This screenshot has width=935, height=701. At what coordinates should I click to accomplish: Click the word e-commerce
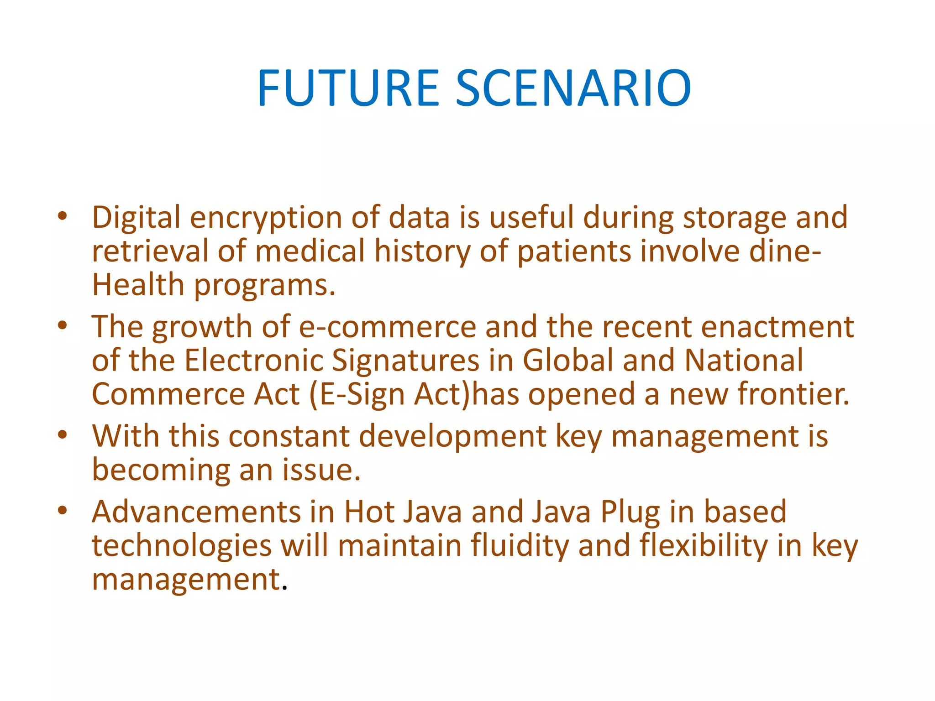click(x=388, y=327)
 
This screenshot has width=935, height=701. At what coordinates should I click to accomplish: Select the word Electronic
click(x=253, y=360)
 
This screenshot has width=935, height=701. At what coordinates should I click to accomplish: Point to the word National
click(x=744, y=360)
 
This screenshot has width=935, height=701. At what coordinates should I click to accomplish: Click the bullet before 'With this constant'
click(x=63, y=434)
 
